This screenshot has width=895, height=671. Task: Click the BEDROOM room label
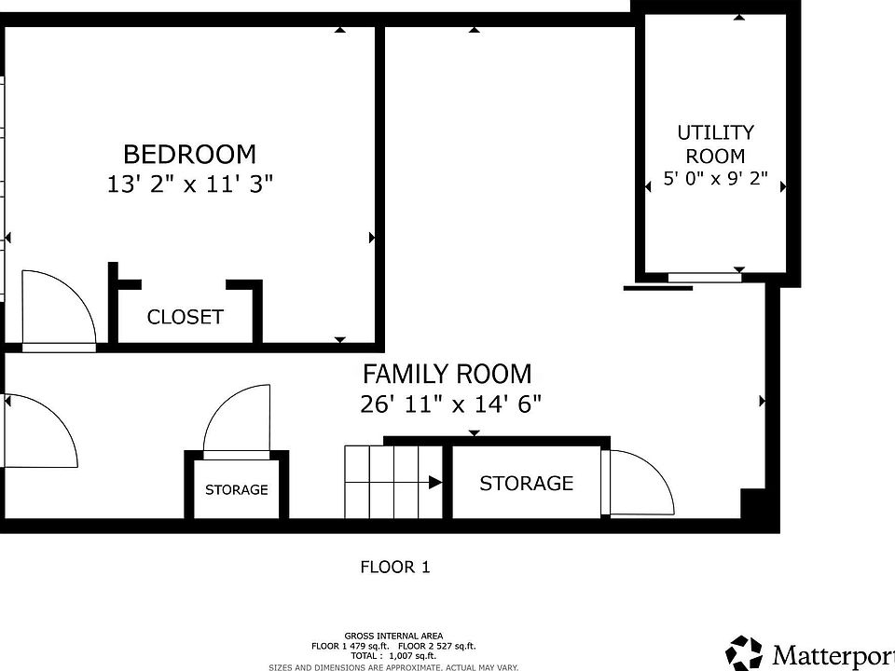tap(189, 154)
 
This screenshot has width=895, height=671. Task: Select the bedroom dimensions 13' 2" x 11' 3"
tap(189, 184)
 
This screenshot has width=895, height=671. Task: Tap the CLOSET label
tap(186, 317)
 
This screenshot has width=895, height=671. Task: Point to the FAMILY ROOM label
tap(447, 374)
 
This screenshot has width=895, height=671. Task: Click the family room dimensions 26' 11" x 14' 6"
tap(450, 404)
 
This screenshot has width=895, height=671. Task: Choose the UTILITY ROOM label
tap(715, 144)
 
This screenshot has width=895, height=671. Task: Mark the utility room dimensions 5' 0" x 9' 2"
tap(715, 179)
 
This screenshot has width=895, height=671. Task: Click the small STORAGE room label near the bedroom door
tap(237, 489)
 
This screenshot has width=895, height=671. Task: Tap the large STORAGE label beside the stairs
tap(526, 483)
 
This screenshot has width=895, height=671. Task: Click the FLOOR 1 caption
tap(395, 566)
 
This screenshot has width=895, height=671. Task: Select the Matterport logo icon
tap(744, 651)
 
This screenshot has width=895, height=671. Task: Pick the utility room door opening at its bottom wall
tap(705, 276)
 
